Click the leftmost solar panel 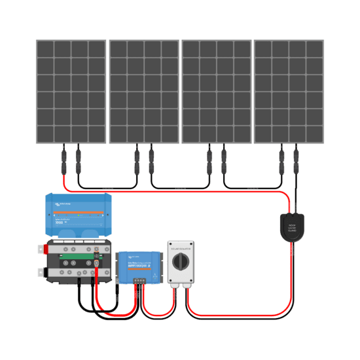[71, 91]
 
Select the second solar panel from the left [143, 91]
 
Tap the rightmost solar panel [289, 91]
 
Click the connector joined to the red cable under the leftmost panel [63, 158]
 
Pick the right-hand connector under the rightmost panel [297, 158]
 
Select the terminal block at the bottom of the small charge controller [138, 281]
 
